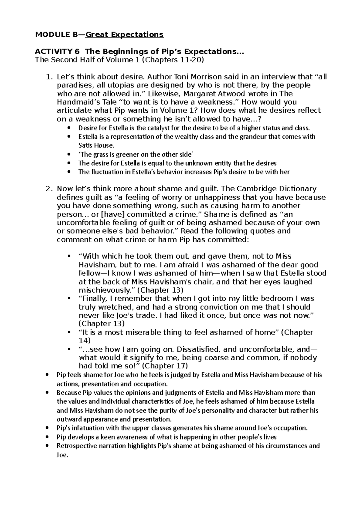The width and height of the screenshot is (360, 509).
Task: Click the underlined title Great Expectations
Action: (x=124, y=34)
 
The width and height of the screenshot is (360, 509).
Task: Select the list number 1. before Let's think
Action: (x=49, y=77)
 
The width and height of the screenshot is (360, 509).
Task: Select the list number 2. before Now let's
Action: (x=49, y=189)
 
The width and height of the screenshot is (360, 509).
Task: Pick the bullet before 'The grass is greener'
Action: (x=70, y=155)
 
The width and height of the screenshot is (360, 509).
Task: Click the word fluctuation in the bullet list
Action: (x=103, y=172)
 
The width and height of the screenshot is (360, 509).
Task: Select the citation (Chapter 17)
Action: (x=165, y=366)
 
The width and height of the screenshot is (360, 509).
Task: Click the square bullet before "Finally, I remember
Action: (x=70, y=299)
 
